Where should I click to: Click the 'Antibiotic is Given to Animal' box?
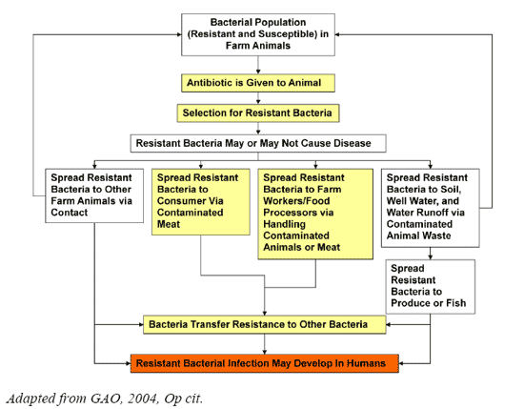258,83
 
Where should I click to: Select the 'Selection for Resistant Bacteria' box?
258,113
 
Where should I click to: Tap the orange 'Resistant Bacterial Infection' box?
264,363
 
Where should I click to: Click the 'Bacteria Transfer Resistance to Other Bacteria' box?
264,324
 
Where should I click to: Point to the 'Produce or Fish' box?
430,287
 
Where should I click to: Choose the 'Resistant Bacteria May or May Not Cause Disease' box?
258,143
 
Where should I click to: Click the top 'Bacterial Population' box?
258,34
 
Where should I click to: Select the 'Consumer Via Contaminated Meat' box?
200,202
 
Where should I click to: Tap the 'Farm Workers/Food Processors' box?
315,214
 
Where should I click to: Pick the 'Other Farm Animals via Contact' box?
94,195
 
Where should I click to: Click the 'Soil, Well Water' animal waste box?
430,208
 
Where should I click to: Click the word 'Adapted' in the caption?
30,399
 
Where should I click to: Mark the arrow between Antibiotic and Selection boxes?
258,98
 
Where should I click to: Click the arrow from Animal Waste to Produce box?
430,254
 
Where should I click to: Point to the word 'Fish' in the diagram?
455,303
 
